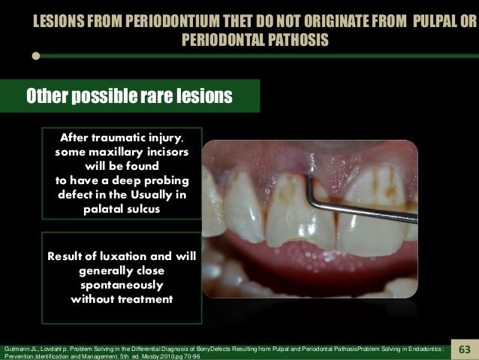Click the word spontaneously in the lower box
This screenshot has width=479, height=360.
click(121, 286)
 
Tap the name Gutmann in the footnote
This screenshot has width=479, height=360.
click(19, 348)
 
